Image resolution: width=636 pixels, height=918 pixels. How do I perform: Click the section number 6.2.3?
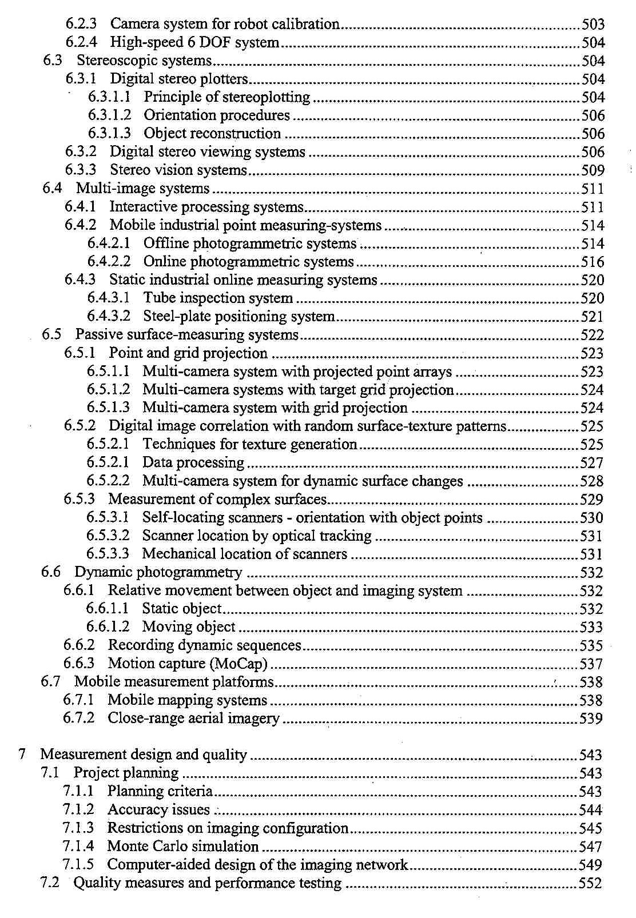81,24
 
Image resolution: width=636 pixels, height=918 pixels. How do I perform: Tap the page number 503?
593,24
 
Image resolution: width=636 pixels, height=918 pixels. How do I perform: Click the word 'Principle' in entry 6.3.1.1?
168,97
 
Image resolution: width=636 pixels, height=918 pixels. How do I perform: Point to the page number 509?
593,170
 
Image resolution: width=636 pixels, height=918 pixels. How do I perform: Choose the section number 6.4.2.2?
109,262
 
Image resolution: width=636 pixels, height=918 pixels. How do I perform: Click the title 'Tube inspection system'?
218,298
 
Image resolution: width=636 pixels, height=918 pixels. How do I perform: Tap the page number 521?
592,317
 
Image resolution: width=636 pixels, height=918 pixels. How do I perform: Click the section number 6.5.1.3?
108,408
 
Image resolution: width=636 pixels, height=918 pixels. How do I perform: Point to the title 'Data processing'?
193,462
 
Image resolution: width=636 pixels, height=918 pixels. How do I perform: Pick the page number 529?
591,500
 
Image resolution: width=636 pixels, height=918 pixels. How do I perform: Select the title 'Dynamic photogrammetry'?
158,572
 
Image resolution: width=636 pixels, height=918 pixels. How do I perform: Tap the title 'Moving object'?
189,627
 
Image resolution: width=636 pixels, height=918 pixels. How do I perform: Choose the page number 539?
591,719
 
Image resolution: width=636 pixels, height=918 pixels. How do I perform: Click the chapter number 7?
22,755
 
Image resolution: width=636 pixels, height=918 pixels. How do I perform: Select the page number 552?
590,883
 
